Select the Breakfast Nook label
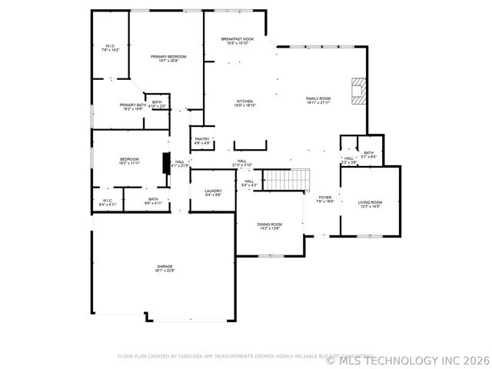[x=237, y=41]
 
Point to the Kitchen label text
[x=244, y=103]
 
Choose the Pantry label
[x=201, y=141]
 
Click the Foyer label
[x=325, y=199]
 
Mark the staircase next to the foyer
[x=286, y=180]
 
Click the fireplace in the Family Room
[x=357, y=90]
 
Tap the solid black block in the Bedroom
[x=165, y=164]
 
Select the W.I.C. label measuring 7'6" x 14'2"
[x=109, y=48]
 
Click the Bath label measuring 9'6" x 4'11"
[x=153, y=201]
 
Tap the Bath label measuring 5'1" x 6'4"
[x=369, y=155]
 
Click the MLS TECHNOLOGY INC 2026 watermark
[x=407, y=359]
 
